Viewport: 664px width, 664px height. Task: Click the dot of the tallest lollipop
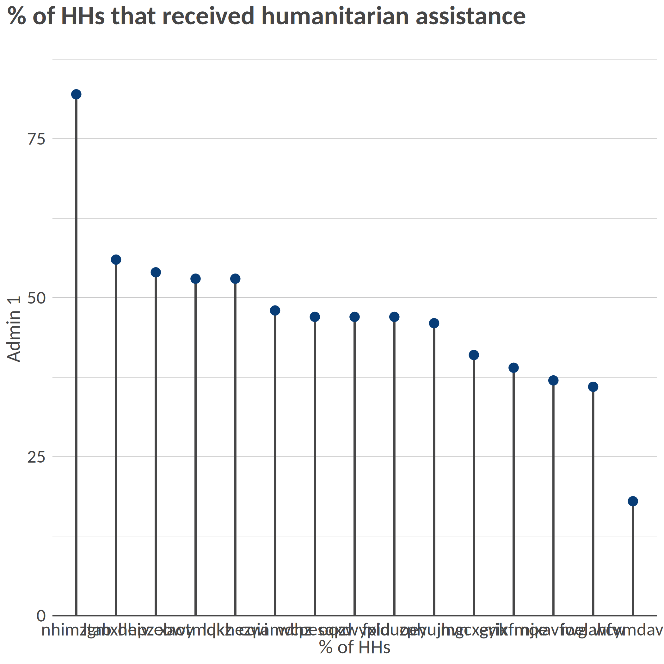pos(76,95)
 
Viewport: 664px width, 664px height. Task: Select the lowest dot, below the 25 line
pos(633,501)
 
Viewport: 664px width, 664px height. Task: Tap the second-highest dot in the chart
pos(116,260)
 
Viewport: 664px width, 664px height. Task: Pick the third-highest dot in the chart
pos(156,273)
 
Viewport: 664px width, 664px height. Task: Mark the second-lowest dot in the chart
pos(593,387)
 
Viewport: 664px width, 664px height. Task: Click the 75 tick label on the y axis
pos(36,139)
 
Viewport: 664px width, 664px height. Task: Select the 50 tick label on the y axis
pos(36,298)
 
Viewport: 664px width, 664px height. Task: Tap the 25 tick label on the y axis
pos(36,457)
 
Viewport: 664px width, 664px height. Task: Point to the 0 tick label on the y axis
pos(41,616)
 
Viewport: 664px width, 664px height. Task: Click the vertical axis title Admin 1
pos(15,329)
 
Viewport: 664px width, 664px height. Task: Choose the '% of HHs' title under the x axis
pos(355,647)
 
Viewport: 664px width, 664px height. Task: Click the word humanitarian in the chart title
pos(335,16)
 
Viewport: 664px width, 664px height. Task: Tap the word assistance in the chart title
pos(470,16)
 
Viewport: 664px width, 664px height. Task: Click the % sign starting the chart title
pos(16,16)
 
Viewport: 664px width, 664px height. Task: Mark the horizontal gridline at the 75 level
pos(344,139)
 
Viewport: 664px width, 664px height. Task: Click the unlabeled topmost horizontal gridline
pos(344,59)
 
